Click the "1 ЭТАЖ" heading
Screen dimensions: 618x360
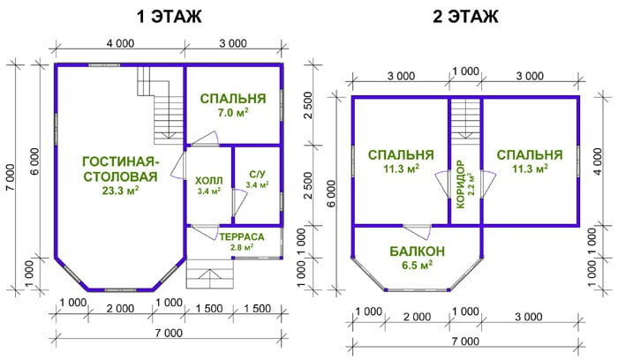[169, 17]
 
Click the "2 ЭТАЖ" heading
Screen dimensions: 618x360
[465, 17]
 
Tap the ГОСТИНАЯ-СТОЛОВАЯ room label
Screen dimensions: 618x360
[121, 169]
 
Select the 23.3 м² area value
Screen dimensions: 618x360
[120, 191]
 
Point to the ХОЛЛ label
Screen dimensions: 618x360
[209, 181]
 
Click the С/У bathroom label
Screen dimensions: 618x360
[258, 174]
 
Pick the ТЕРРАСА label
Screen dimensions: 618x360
[242, 237]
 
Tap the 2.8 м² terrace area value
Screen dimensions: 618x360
[242, 247]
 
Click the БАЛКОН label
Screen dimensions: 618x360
[418, 251]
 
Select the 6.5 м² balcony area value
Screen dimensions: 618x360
[418, 265]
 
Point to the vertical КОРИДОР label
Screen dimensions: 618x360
[460, 184]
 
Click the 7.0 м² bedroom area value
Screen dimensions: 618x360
[233, 113]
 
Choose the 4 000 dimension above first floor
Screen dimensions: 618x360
[120, 43]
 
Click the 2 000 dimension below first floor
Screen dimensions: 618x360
[120, 309]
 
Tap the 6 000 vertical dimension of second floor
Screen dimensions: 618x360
[332, 193]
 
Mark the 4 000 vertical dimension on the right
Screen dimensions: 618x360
[599, 161]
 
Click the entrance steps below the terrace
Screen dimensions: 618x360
[210, 274]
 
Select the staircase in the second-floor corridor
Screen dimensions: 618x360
[465, 119]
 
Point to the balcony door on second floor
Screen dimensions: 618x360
[418, 231]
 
